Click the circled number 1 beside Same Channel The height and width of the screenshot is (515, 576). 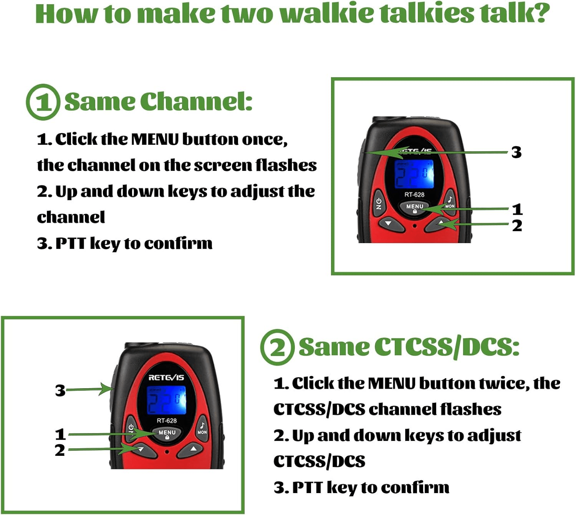(x=43, y=102)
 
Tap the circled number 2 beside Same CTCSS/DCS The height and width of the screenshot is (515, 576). (x=277, y=347)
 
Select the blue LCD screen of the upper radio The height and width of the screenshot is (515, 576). (x=415, y=174)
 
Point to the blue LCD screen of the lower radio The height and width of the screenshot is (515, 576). (x=167, y=400)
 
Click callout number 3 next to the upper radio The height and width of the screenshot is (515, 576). (x=516, y=152)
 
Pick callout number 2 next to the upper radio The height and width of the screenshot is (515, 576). (x=517, y=226)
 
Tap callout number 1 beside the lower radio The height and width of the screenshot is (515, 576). (x=60, y=434)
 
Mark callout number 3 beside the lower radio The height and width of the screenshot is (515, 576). (x=60, y=391)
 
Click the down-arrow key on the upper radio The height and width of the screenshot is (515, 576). (x=388, y=223)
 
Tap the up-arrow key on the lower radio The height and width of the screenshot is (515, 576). (x=194, y=449)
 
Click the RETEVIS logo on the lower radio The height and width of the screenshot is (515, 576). (x=166, y=378)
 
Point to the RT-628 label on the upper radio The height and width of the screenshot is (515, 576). (x=414, y=195)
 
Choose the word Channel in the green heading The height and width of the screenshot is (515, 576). (x=196, y=102)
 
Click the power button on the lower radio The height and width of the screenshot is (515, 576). (x=131, y=429)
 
